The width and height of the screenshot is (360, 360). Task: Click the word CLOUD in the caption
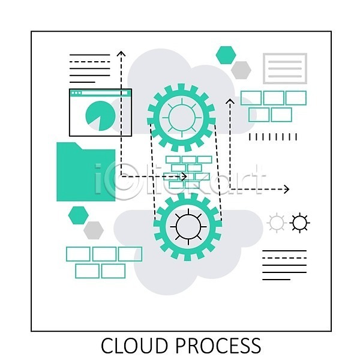[x=135, y=346]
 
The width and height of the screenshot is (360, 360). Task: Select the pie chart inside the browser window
[x=96, y=115]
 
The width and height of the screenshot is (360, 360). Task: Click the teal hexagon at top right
[x=226, y=55]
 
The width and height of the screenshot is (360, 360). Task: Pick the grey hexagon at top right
[x=241, y=70]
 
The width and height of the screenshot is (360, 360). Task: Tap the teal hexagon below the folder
[x=78, y=214]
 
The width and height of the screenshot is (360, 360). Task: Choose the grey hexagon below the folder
[x=93, y=229]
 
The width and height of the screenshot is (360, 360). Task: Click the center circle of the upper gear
[x=178, y=117]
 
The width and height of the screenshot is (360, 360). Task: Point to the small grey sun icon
[x=276, y=223]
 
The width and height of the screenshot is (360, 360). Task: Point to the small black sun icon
[x=299, y=223]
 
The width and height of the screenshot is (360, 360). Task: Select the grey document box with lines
[x=285, y=68]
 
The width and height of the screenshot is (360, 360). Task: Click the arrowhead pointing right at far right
[x=286, y=190]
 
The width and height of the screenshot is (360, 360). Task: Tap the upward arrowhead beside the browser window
[x=121, y=55]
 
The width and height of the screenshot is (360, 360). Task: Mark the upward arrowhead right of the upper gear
[x=229, y=101]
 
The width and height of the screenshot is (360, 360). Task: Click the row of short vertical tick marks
[x=273, y=137]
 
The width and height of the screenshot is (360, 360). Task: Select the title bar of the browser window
[x=100, y=92]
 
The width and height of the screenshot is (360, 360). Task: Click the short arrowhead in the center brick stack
[x=184, y=176]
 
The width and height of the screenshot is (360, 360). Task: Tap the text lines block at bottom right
[x=284, y=265]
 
